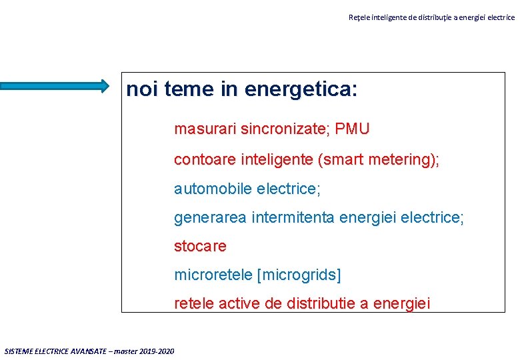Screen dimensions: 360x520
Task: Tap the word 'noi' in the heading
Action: (141, 89)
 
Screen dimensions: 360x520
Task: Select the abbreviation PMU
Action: (352, 129)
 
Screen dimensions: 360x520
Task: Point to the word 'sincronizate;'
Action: (284, 129)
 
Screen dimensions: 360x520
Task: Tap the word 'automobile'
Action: (208, 189)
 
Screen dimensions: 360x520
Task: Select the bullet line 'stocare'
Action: (200, 246)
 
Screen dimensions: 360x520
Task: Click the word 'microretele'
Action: (213, 275)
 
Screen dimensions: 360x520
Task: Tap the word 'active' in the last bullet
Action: (237, 303)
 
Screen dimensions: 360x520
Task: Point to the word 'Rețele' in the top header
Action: (358, 17)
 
